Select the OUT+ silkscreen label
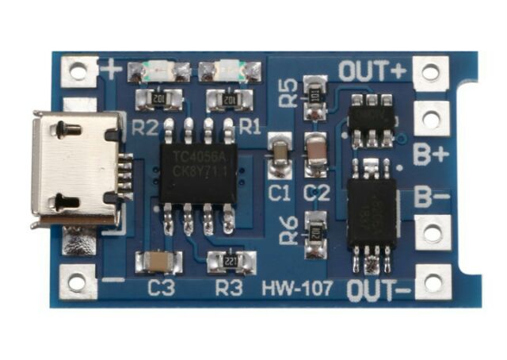point(372,71)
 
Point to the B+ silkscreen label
point(431,155)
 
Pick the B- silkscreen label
point(431,197)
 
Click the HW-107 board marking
point(297,289)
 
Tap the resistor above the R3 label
point(231,261)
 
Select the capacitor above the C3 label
point(159,261)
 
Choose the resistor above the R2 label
point(159,100)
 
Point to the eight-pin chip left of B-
point(372,213)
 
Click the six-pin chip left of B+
point(371,121)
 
